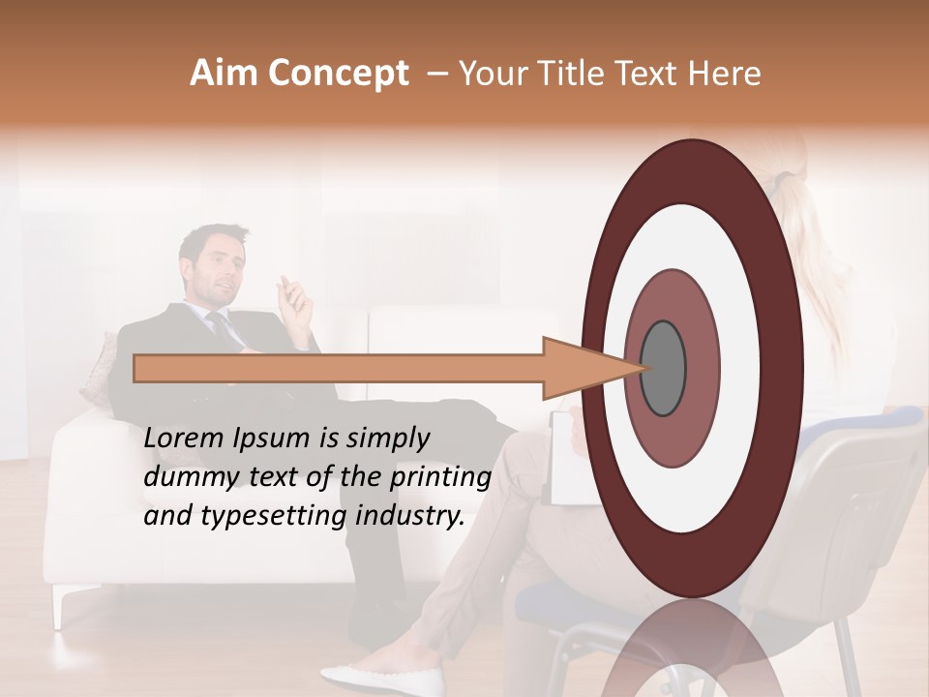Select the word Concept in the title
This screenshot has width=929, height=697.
(338, 74)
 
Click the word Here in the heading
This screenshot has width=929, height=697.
(726, 74)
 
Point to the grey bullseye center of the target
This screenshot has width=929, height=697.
(664, 369)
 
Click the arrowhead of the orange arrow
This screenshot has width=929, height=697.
(581, 369)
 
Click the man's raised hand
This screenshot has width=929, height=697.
(296, 299)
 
